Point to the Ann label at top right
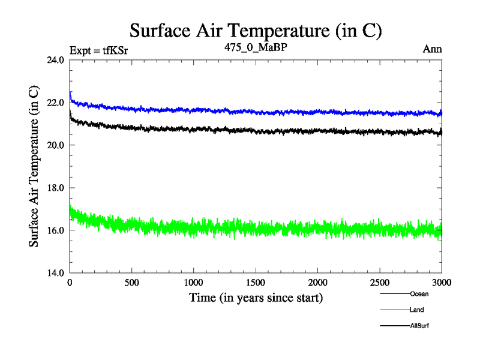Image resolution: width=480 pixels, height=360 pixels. [432, 49]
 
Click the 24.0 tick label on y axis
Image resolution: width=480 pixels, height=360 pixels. [55, 60]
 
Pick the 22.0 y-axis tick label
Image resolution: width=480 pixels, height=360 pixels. [55, 103]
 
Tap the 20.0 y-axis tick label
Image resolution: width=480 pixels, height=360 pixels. [55, 145]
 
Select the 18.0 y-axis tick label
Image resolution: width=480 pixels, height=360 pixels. [55, 188]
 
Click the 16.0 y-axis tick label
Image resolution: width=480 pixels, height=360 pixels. [55, 230]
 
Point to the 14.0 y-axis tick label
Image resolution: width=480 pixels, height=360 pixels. [55, 273]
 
